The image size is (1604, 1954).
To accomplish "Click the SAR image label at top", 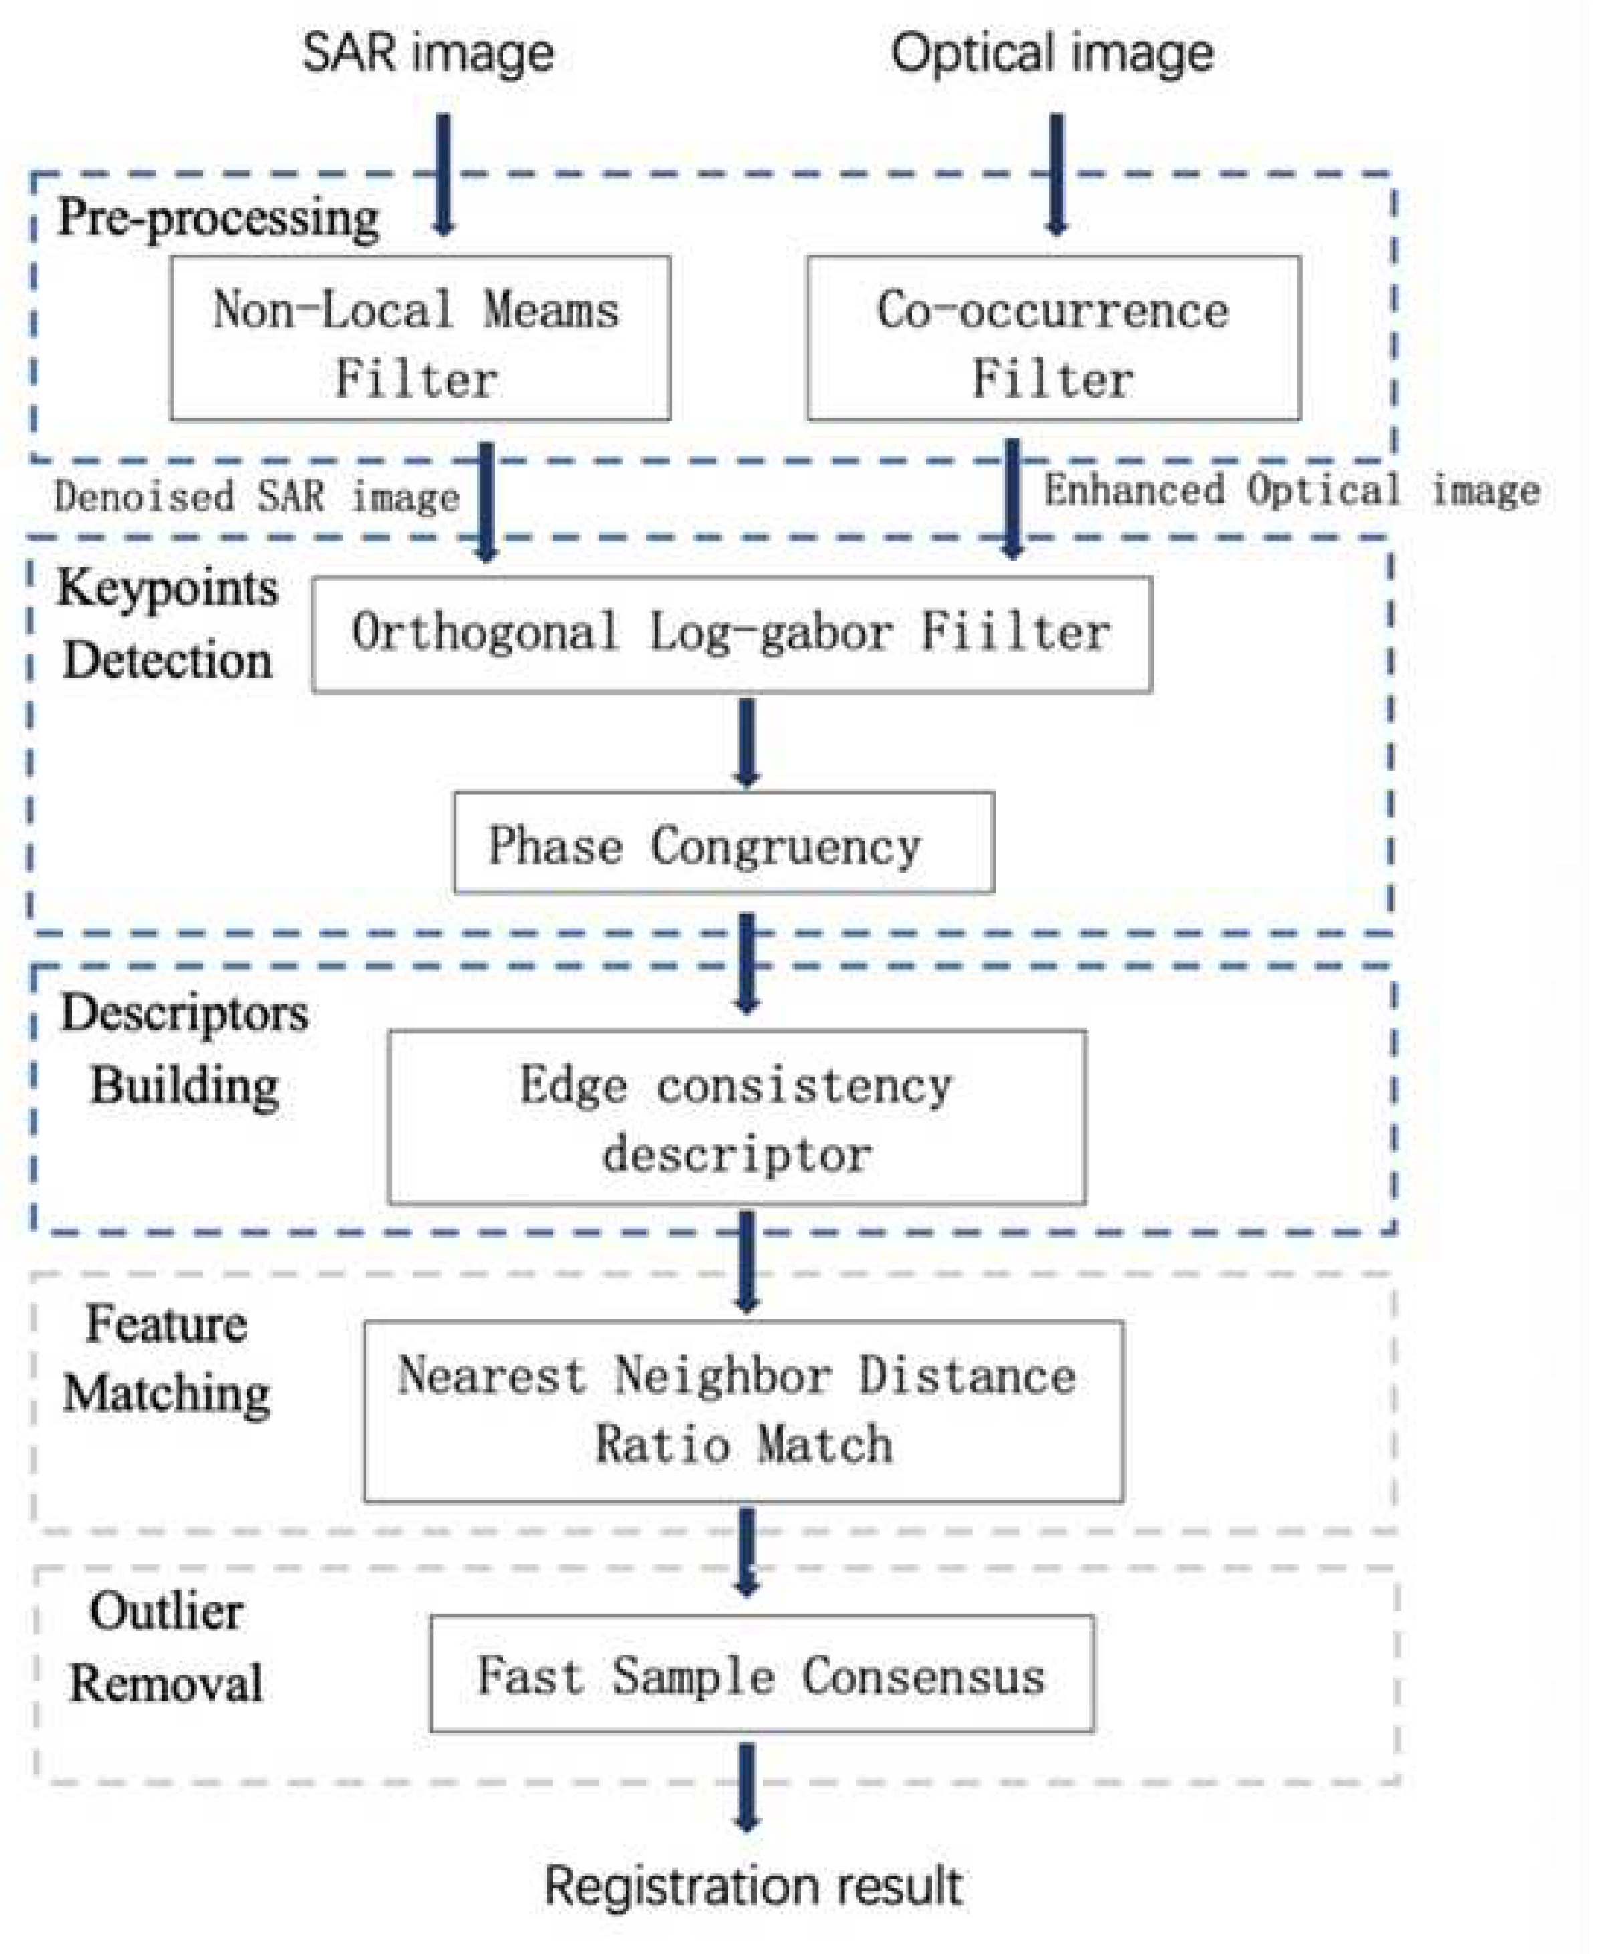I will pyautogui.click(x=428, y=53).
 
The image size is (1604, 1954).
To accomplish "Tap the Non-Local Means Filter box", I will pyautogui.click(x=420, y=339).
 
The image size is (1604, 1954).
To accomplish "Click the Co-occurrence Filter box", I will pyautogui.click(x=1053, y=339).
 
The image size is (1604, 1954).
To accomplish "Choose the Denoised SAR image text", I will pyautogui.click(x=256, y=498).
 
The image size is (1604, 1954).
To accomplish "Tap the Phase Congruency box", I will pyautogui.click(x=723, y=843).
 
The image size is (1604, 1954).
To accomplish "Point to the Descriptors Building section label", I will pyautogui.click(x=184, y=1050).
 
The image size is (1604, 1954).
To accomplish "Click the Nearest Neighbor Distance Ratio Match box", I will pyautogui.click(x=743, y=1411).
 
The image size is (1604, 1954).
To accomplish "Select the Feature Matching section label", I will pyautogui.click(x=166, y=1359).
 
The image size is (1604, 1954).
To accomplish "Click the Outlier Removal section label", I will pyautogui.click(x=166, y=1647).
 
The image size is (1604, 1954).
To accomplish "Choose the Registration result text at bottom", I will pyautogui.click(x=753, y=1887).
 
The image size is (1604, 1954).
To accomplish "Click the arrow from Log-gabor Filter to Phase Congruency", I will pyautogui.click(x=747, y=742).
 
